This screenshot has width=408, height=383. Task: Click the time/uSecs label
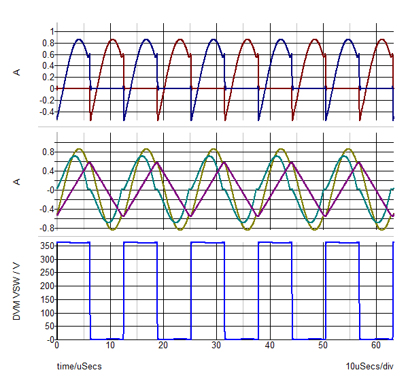79,367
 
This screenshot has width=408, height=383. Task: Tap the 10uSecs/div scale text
369,367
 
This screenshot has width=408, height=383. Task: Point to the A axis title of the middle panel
18,182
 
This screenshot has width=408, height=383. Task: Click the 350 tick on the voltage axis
46,246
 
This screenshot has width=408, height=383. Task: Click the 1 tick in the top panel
51,31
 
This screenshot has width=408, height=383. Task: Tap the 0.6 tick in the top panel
48,54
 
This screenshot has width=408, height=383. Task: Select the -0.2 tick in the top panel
46,99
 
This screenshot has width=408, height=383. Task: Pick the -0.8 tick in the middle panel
46,228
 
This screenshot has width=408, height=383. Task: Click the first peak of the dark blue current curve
79,39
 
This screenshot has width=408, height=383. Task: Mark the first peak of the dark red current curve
112,39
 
